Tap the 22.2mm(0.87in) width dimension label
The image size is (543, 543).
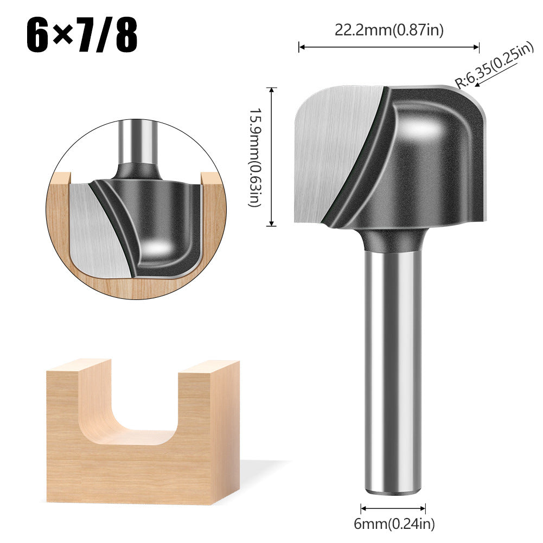coord(389,31)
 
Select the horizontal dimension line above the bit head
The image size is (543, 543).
coord(389,48)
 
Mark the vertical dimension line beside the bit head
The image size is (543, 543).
coord(272,157)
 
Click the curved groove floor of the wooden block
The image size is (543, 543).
coord(130,437)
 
